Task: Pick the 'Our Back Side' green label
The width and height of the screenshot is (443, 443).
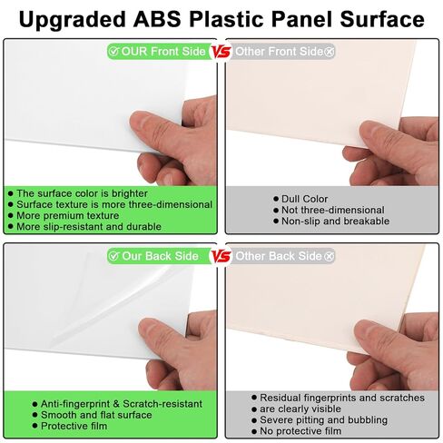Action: pos(153,256)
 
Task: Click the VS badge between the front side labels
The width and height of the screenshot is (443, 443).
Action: pos(221,52)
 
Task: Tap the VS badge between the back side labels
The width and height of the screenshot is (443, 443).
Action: pos(221,256)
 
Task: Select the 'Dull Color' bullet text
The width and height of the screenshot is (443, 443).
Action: pos(304,199)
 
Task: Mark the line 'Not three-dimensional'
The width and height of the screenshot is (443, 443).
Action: pos(332,210)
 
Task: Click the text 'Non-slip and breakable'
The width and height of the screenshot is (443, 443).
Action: pos(334,221)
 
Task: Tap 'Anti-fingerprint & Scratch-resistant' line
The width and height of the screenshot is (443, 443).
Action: pos(121,403)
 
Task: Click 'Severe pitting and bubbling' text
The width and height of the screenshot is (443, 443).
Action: pos(323,419)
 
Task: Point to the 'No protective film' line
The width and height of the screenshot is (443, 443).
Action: pos(303,430)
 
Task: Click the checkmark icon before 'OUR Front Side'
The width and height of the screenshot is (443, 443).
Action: pos(113,52)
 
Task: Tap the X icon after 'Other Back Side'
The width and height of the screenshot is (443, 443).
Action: pos(329,256)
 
